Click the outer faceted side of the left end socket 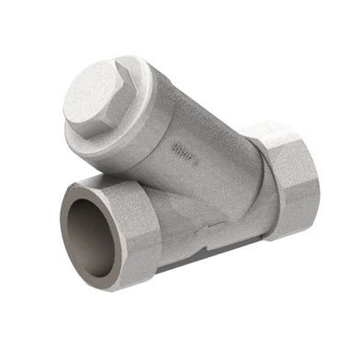pos(147,239)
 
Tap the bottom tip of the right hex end pos(295,240)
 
